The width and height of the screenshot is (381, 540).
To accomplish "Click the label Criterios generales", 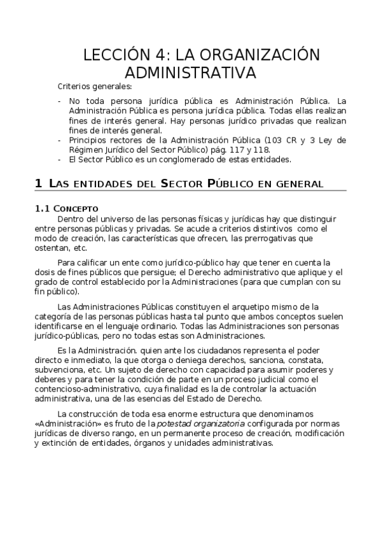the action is [95, 87].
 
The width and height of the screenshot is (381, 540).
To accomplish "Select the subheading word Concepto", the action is [76, 208].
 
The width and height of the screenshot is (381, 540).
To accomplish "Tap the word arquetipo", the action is [238, 307].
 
